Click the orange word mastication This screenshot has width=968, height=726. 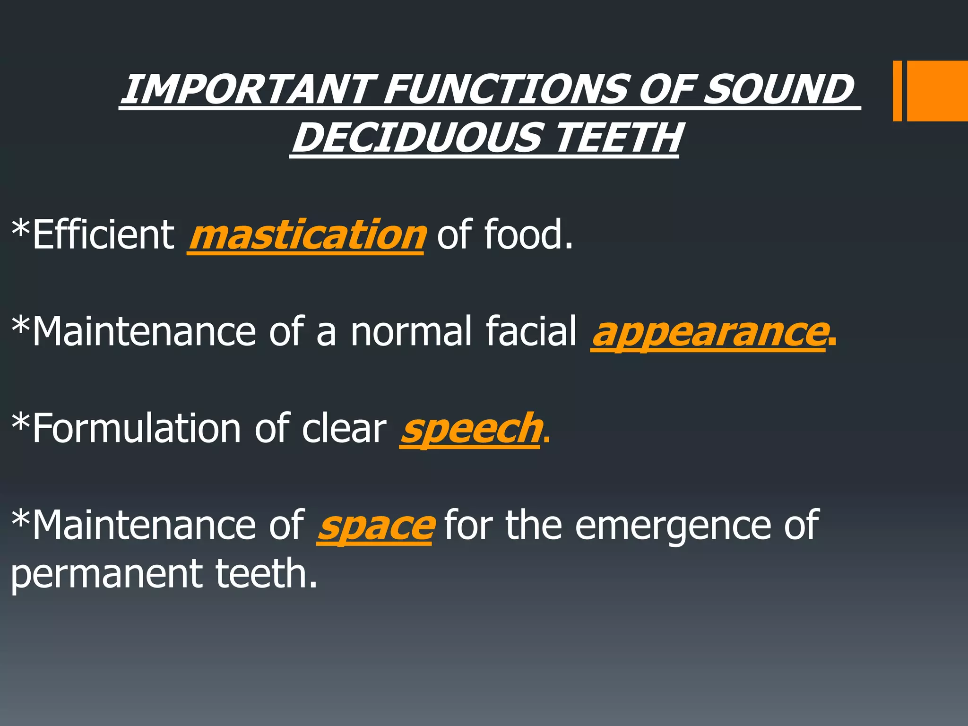point(306,235)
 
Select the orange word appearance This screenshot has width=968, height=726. point(709,332)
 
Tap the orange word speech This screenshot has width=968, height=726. point(470,429)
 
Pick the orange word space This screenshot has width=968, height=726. point(374,526)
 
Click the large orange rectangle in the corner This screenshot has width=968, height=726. point(937,91)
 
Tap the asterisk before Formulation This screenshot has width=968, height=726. point(21,421)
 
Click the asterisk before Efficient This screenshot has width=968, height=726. point(21,227)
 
